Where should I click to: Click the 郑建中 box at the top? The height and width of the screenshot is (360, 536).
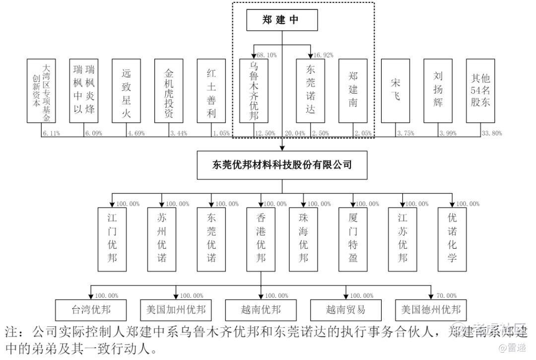(x=282, y=20)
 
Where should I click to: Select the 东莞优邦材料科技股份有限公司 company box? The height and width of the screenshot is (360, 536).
(x=282, y=164)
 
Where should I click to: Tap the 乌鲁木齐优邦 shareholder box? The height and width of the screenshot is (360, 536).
(x=254, y=90)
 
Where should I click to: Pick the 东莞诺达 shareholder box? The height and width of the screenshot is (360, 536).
(x=311, y=90)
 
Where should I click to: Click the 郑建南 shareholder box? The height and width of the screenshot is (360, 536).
(x=353, y=90)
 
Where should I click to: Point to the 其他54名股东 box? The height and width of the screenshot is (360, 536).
(x=480, y=90)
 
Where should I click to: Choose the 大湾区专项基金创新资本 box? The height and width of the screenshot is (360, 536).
(x=41, y=90)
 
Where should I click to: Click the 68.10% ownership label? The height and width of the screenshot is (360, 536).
(x=266, y=55)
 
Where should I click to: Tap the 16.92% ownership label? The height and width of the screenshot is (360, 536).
(x=323, y=55)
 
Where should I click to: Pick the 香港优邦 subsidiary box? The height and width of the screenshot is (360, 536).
(x=261, y=239)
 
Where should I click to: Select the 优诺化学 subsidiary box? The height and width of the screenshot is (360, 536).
(x=452, y=239)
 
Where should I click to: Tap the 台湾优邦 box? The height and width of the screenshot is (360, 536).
(x=91, y=310)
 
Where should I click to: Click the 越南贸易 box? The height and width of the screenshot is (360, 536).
(x=346, y=310)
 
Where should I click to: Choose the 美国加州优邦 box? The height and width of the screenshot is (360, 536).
(x=176, y=310)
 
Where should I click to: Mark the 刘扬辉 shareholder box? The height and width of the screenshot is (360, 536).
(x=438, y=90)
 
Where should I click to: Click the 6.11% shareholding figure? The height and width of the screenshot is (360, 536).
(x=52, y=133)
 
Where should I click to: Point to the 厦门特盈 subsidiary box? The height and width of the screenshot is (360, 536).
(x=353, y=239)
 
